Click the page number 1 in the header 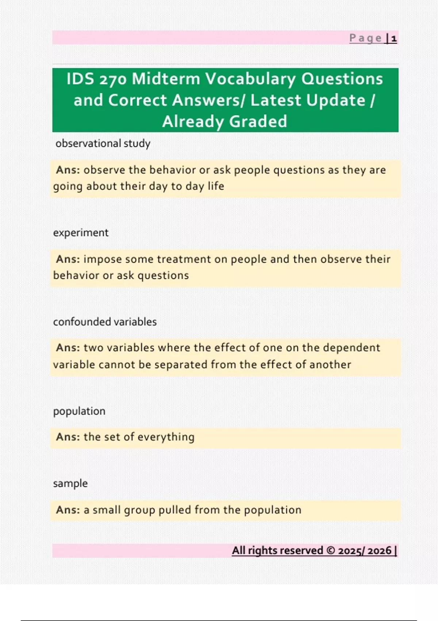[x=394, y=38]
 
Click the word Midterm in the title [x=166, y=79]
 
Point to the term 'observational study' [x=103, y=143]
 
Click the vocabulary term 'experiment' [x=81, y=233]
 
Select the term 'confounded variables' [x=105, y=322]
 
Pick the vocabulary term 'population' [x=79, y=411]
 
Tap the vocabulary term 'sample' [x=70, y=483]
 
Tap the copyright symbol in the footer [x=331, y=550]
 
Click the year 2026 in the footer [x=380, y=550]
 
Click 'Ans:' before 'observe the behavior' [x=68, y=170]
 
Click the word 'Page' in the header [x=365, y=38]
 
